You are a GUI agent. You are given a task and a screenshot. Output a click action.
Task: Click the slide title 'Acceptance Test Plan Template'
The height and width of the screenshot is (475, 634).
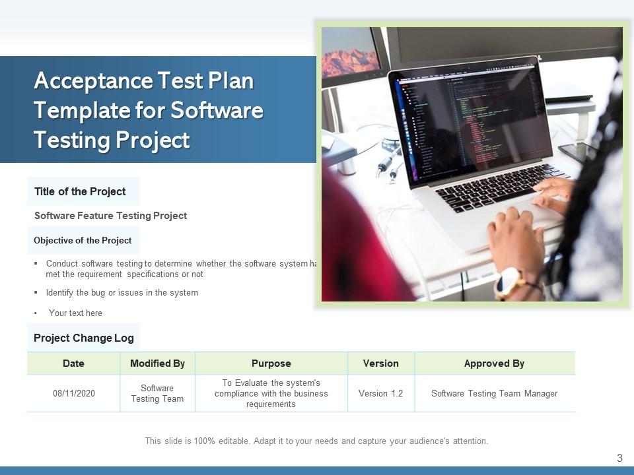point(149,110)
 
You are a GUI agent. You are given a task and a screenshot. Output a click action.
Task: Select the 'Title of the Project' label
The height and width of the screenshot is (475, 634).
point(80,191)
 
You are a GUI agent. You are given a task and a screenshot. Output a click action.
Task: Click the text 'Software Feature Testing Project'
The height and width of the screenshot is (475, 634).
point(110,216)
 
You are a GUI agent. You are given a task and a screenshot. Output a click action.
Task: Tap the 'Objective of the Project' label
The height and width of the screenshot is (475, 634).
point(83,240)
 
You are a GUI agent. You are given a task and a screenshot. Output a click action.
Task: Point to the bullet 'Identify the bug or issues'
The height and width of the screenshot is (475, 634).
point(122,292)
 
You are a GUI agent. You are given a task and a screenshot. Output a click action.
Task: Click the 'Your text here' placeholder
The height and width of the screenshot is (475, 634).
point(75,313)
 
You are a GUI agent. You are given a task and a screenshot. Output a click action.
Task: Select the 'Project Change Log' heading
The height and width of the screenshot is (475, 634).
point(84,338)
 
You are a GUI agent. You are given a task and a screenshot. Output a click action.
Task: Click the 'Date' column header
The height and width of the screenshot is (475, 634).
point(73,364)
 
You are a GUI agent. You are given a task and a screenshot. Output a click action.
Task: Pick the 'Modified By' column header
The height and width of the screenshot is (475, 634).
point(157,364)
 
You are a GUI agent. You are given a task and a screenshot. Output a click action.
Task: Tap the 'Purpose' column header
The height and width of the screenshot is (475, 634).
point(271,364)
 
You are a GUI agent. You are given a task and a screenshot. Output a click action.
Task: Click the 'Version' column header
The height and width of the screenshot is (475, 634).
point(381,364)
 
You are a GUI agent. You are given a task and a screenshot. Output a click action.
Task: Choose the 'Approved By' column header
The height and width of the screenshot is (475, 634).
point(494,364)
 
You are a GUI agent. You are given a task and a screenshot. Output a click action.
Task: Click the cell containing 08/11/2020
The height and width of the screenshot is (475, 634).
point(74,393)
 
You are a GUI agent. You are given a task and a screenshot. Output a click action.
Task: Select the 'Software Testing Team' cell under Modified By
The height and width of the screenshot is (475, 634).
point(157,393)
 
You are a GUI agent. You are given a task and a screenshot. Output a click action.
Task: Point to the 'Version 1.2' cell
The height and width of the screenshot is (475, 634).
point(380,393)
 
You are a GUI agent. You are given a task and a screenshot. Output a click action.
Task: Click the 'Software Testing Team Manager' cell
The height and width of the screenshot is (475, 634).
point(494,393)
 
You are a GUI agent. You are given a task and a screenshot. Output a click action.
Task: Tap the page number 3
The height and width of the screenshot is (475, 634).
point(619,458)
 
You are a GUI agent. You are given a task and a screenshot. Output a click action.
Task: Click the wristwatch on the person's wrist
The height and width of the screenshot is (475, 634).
point(509,282)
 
